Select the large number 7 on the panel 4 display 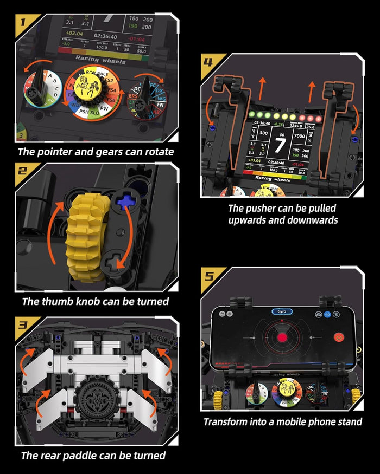281,145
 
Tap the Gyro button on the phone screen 282,312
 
